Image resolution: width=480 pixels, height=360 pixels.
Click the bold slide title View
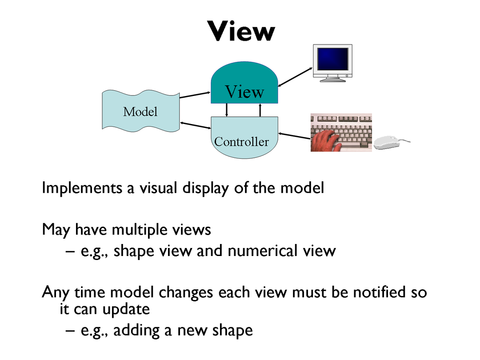pyautogui.click(x=241, y=31)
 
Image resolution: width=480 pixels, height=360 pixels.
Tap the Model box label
pyautogui.click(x=140, y=111)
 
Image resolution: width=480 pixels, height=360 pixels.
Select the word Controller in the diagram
pyautogui.click(x=241, y=142)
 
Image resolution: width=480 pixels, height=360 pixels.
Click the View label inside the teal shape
pyautogui.click(x=244, y=92)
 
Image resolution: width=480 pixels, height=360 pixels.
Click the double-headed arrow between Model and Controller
pyautogui.click(x=196, y=126)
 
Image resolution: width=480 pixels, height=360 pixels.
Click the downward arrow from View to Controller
pyautogui.click(x=227, y=110)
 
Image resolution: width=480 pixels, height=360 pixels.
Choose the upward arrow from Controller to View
pyautogui.click(x=260, y=110)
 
